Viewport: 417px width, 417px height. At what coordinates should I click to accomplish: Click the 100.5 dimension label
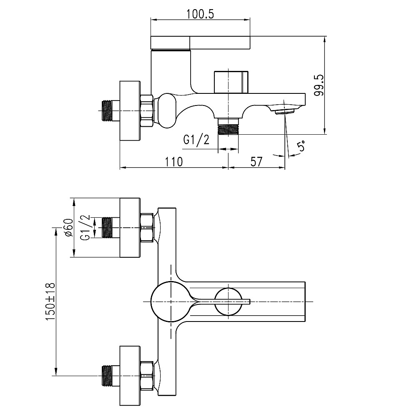[200, 13]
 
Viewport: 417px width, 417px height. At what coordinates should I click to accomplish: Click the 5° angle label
[301, 146]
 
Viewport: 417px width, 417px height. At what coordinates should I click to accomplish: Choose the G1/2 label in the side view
[196, 141]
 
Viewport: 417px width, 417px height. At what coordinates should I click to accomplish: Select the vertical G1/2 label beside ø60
[85, 228]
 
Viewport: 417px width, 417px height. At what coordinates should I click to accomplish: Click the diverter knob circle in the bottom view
[229, 301]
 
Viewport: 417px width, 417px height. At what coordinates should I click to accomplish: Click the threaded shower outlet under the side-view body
[229, 126]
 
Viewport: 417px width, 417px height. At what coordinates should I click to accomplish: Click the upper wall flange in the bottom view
[131, 228]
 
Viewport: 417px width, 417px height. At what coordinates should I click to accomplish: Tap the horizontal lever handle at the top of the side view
[200, 42]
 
